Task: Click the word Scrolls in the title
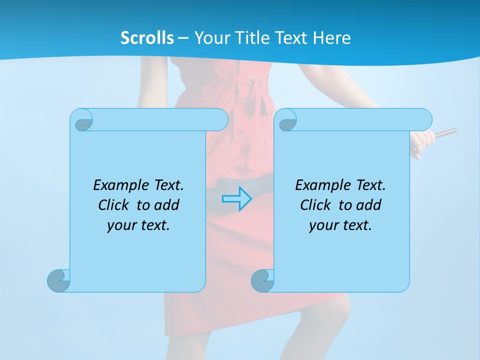(x=147, y=38)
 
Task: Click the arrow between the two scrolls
(x=236, y=199)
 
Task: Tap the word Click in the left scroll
(x=116, y=205)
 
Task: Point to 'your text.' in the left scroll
(x=138, y=225)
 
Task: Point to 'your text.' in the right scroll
(x=340, y=225)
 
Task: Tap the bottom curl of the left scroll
(x=59, y=280)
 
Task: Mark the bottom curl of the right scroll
(x=262, y=280)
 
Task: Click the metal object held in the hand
(x=445, y=133)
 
